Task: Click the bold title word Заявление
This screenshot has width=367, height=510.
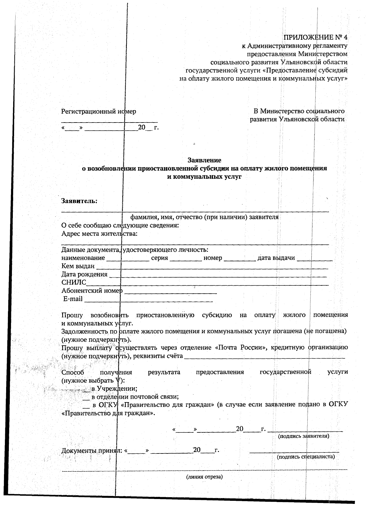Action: click(x=204, y=160)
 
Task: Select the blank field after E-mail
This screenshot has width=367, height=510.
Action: click(x=148, y=300)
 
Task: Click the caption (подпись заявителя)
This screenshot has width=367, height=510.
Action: click(x=303, y=436)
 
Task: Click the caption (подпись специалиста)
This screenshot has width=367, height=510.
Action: click(x=306, y=457)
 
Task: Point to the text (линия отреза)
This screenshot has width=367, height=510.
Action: click(x=204, y=477)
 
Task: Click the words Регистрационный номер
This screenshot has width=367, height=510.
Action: click(x=98, y=112)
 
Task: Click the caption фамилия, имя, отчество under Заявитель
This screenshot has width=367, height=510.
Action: click(x=204, y=217)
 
